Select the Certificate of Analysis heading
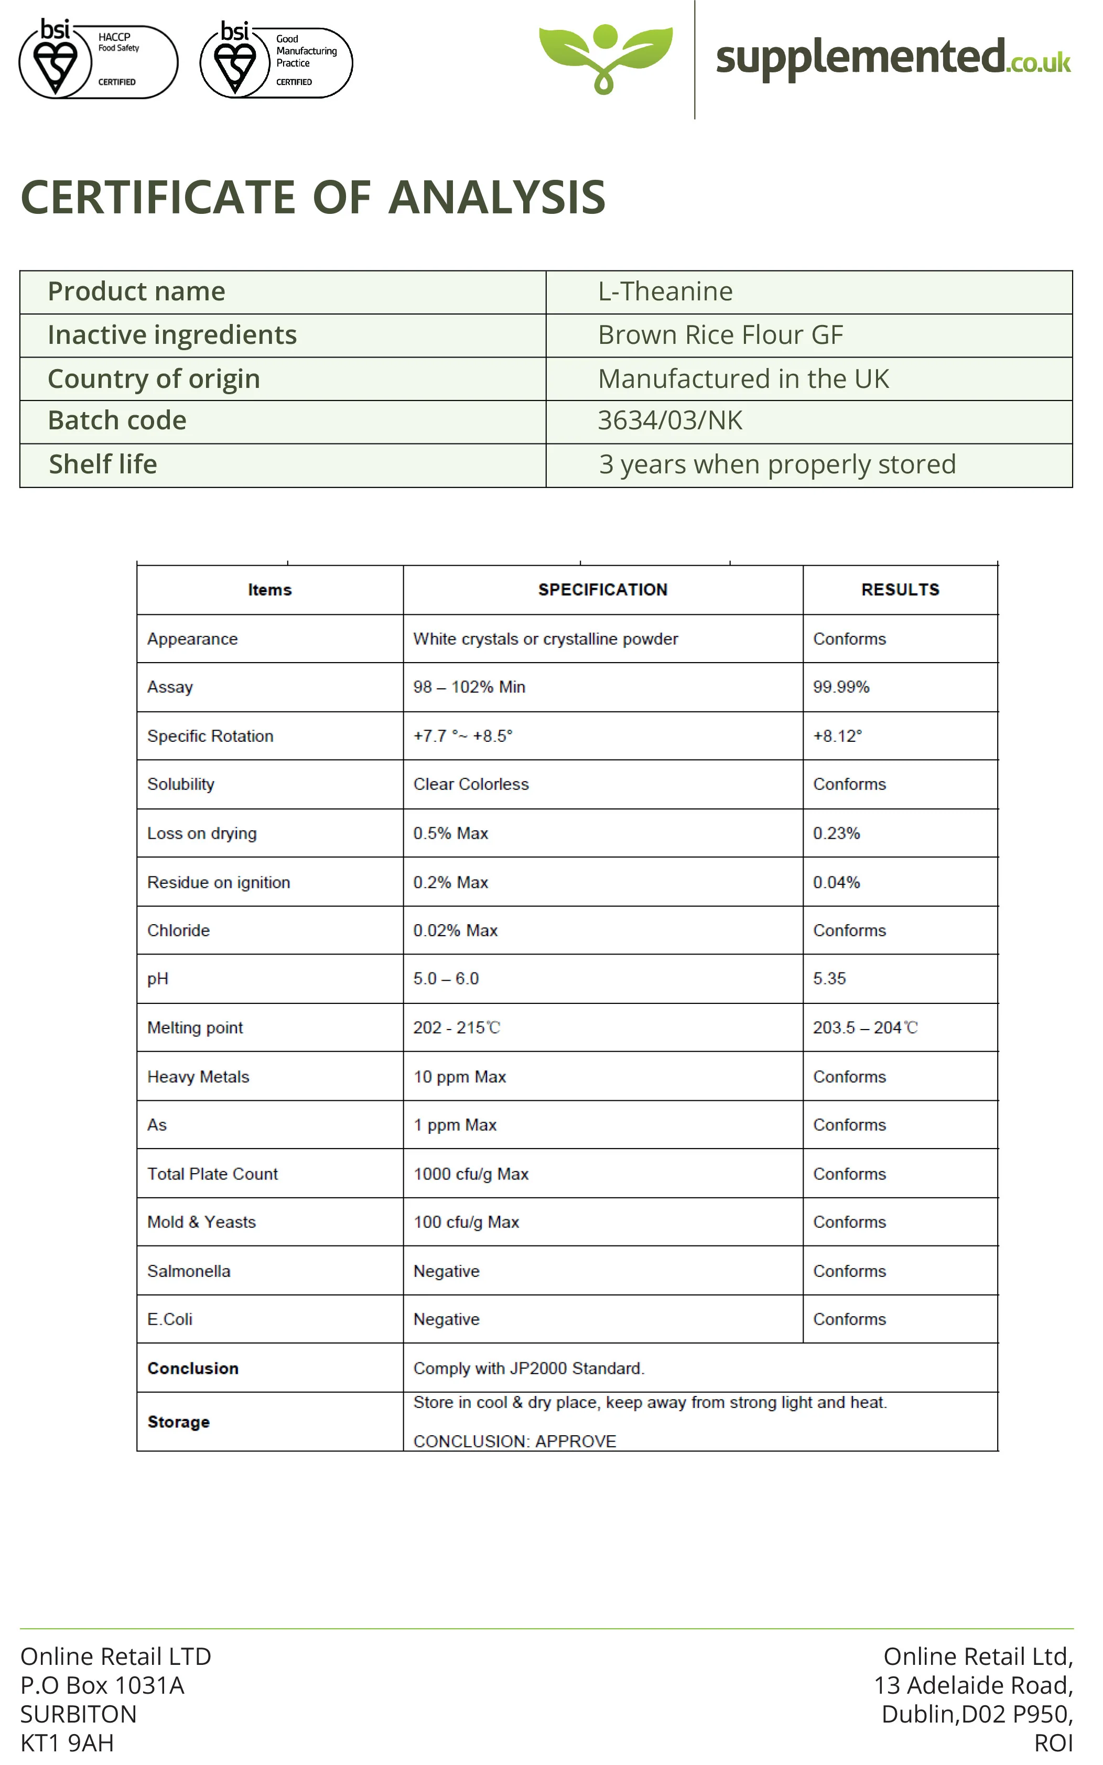313,198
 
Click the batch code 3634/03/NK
669,421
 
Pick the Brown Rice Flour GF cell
720,335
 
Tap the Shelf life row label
103,464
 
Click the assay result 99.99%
840,687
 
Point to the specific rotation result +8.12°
837,736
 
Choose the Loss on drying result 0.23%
836,833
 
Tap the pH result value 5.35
829,979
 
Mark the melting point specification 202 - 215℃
457,1027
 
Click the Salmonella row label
188,1271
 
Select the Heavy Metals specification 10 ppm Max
460,1077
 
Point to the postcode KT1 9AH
67,1743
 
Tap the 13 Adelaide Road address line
973,1685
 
